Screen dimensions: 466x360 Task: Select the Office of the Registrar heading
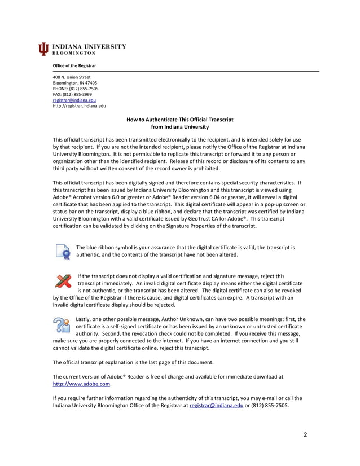71,66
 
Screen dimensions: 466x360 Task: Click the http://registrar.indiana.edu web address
79,105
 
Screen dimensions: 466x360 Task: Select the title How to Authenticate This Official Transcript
179,120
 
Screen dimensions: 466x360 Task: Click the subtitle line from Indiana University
179,127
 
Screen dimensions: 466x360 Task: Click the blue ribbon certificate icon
63,251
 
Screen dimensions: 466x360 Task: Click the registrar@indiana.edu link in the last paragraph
216,405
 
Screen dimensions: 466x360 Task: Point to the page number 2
305,434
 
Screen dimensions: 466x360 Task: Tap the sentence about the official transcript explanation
133,361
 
